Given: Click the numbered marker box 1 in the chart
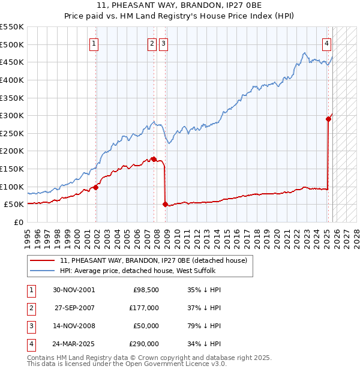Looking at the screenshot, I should (95, 43).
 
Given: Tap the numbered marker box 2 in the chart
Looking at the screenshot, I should (152, 43).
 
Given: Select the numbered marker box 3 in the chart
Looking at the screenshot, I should (163, 43).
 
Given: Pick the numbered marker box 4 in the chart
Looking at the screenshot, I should (326, 43).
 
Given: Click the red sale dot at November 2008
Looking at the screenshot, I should (165, 204).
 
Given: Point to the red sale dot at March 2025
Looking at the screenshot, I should (328, 119).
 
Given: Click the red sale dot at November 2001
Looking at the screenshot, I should (96, 187).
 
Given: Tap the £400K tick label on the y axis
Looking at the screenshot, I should (12, 80).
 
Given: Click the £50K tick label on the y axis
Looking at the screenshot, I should (14, 205).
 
